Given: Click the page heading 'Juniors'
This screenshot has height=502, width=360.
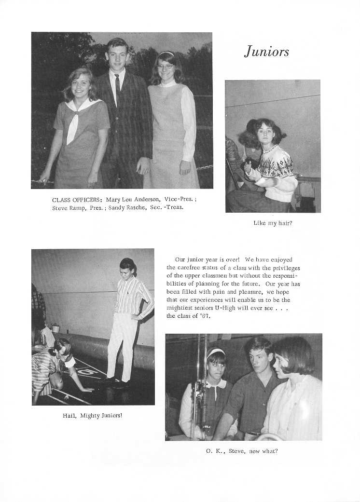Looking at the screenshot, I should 266,52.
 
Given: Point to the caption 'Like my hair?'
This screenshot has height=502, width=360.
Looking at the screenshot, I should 273,223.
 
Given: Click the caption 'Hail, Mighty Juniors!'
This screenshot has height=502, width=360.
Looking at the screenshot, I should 93,415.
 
